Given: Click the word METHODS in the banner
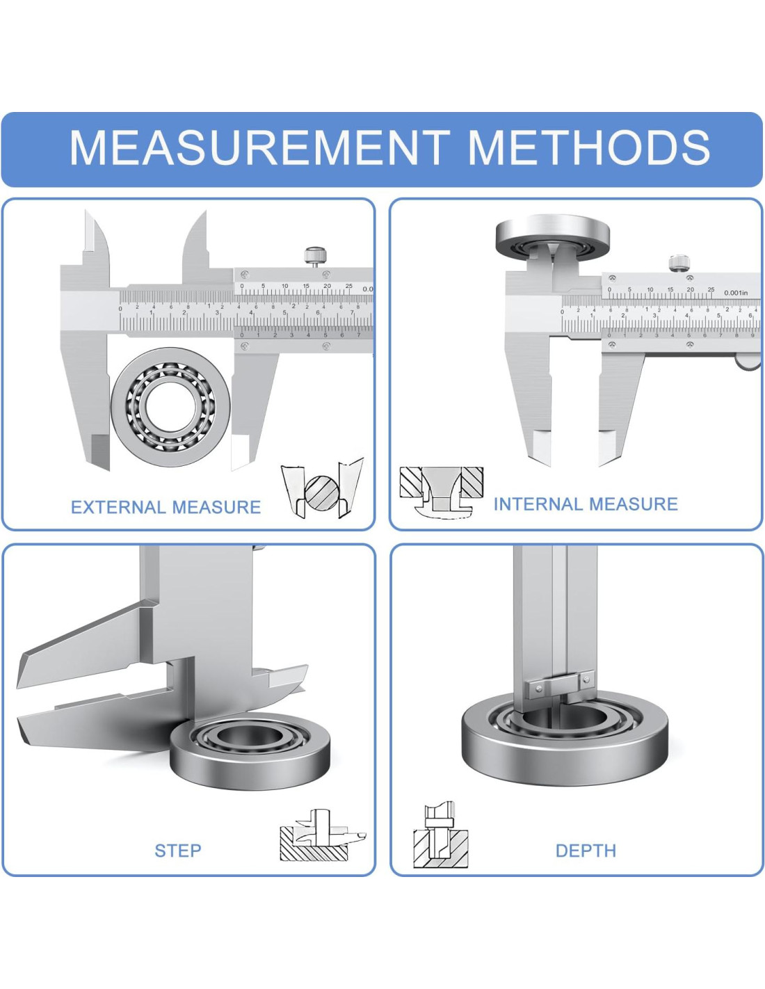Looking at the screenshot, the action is pos(588,147).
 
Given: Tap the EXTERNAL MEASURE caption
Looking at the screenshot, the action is pos(166,507).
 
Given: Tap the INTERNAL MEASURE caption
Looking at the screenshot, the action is pos(586,504).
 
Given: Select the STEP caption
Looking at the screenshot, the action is pos(178,850).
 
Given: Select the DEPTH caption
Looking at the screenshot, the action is pos(586,850).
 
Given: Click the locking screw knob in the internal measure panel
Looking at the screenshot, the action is pos(679,263).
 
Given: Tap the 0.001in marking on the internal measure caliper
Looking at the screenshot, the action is pos(736,293).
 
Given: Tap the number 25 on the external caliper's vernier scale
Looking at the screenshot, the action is pos(348,286).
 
